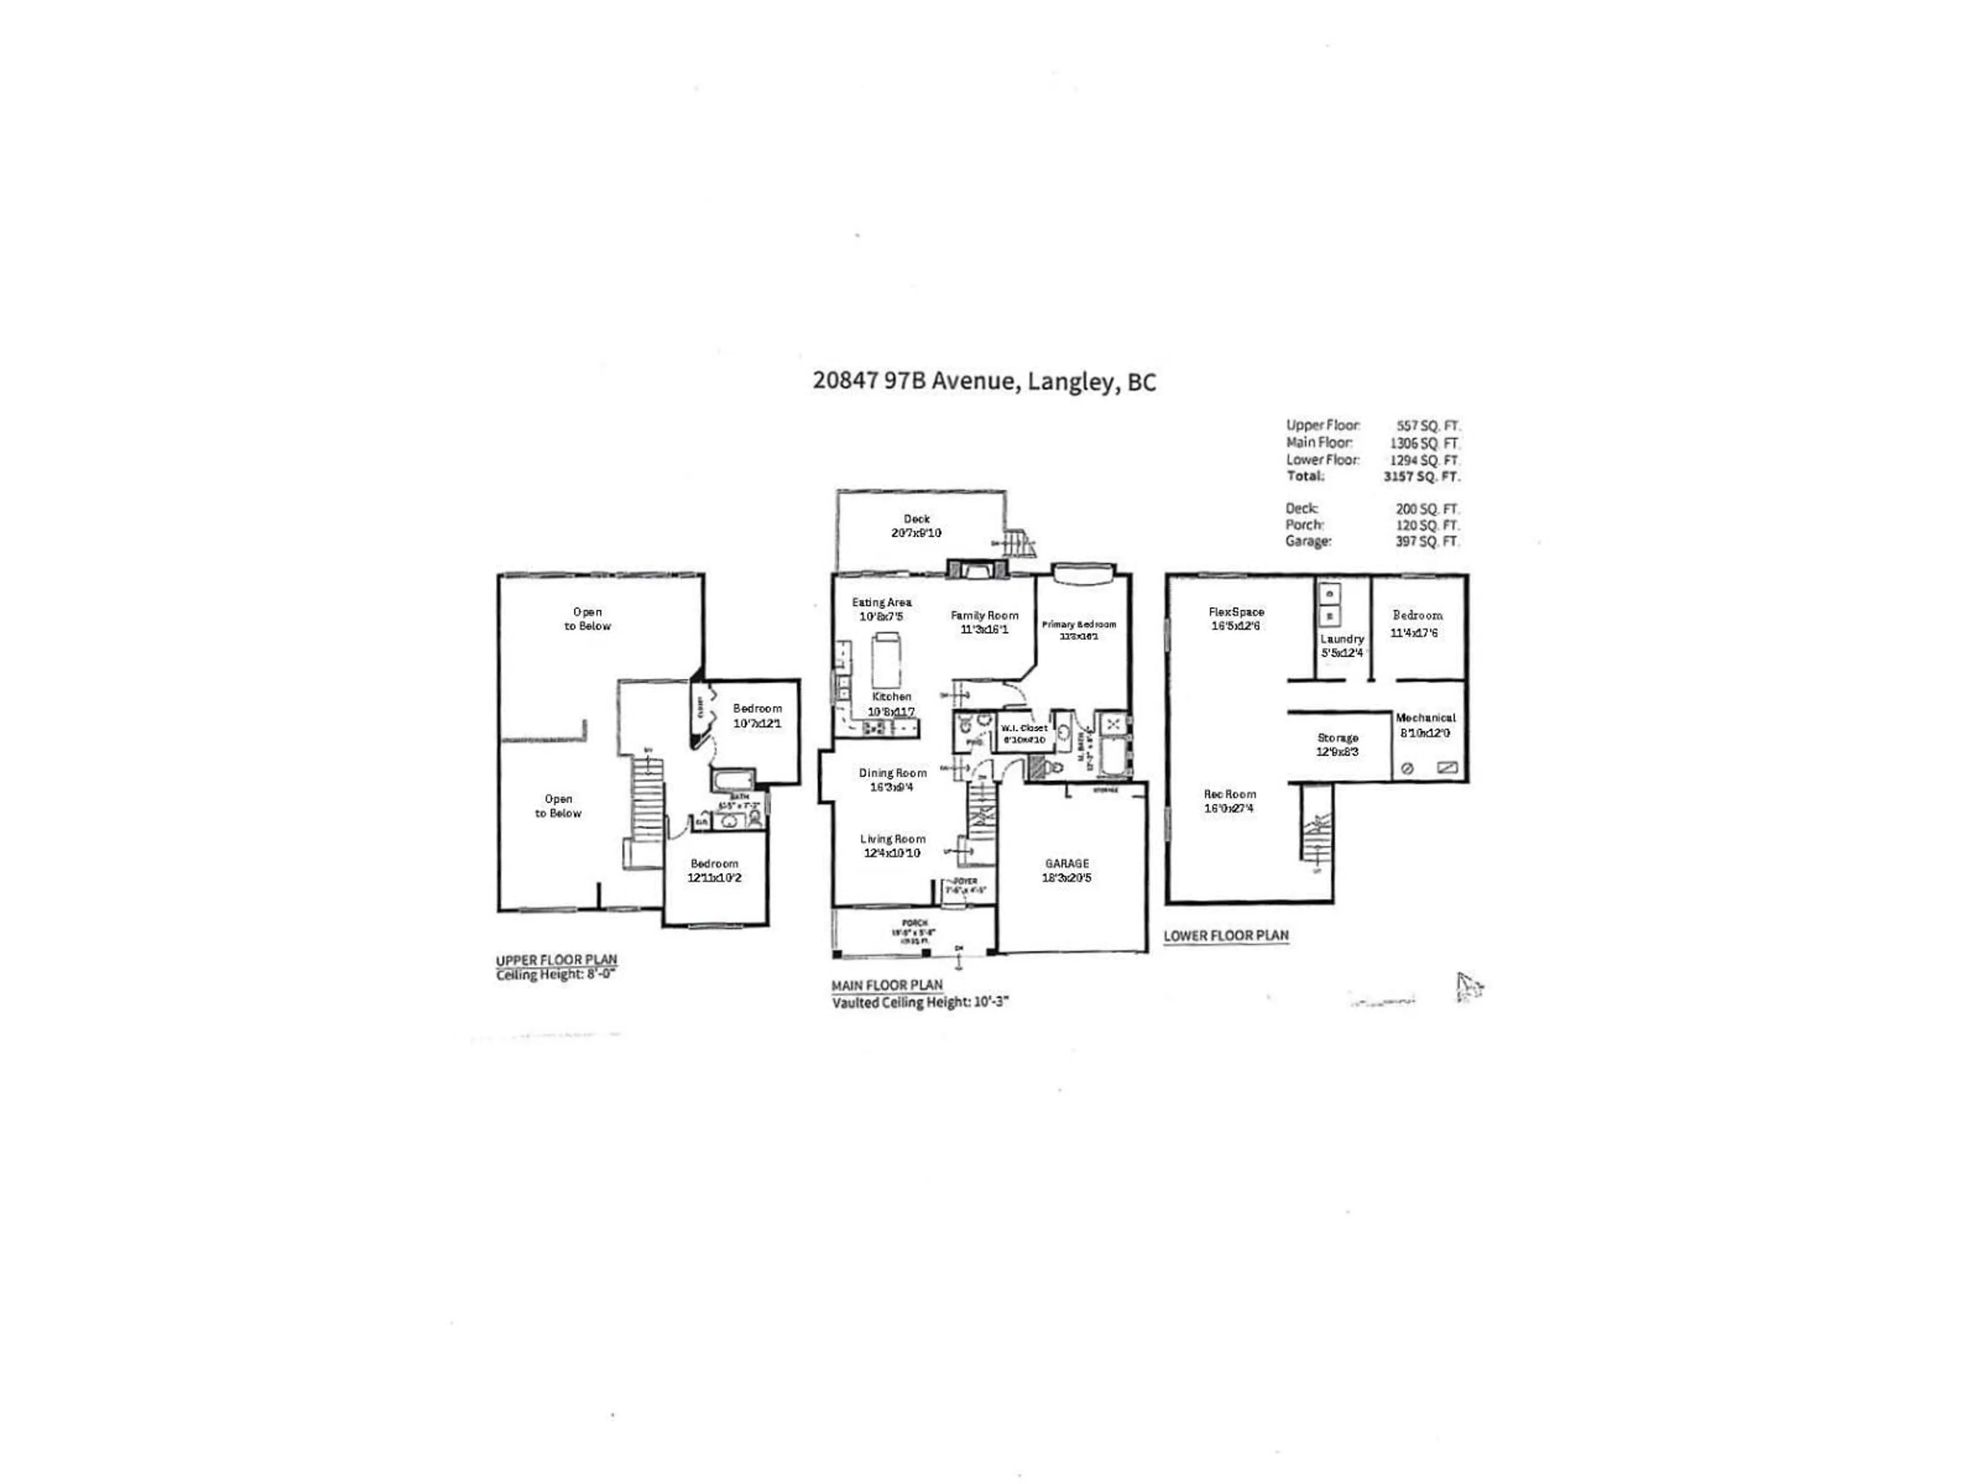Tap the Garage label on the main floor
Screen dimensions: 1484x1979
[1066, 863]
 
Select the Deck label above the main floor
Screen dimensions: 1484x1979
[916, 519]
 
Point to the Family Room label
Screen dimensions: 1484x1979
[984, 615]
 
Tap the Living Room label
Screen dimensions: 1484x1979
[892, 839]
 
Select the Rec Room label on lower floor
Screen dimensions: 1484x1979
[1229, 795]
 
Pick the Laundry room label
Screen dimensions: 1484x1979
[1341, 638]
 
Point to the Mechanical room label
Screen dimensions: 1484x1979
[1425, 717]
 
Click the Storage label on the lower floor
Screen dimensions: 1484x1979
[1337, 738]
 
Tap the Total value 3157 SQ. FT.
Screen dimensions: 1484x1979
[1421, 477]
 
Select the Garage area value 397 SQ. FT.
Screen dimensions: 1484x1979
[1427, 541]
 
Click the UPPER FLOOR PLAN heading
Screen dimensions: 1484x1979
[557, 960]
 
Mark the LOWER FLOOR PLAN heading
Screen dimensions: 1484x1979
[1226, 936]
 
